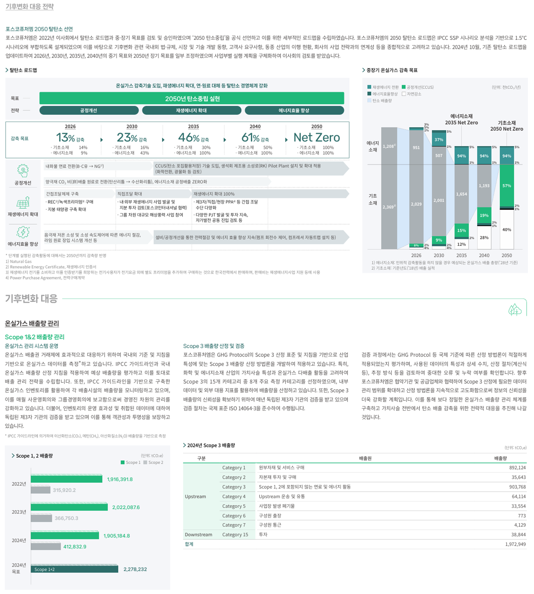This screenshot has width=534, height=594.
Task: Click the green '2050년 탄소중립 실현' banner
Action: [192, 98]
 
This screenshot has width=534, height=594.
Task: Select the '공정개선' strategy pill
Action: [89, 110]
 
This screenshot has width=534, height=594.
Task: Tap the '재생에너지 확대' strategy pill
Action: [192, 110]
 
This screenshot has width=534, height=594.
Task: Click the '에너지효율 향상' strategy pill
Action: [294, 110]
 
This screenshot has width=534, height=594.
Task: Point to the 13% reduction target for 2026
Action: [65, 138]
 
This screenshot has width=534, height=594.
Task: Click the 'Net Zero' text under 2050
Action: [317, 138]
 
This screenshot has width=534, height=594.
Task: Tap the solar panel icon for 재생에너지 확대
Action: [23, 203]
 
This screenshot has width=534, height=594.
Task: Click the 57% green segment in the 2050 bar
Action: [507, 185]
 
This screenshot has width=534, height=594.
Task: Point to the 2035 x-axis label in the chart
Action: [461, 255]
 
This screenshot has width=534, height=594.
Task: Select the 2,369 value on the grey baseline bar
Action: [389, 207]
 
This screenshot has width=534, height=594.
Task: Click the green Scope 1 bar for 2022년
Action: [66, 479]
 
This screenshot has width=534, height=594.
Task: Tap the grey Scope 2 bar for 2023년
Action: [41, 518]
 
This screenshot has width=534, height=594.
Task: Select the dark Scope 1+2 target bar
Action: [74, 569]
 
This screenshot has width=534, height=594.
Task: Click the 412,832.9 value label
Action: [75, 546]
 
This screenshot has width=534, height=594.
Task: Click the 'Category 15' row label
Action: [235, 535]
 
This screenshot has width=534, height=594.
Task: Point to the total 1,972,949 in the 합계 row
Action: [515, 544]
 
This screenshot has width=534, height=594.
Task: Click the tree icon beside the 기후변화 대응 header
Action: [515, 310]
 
